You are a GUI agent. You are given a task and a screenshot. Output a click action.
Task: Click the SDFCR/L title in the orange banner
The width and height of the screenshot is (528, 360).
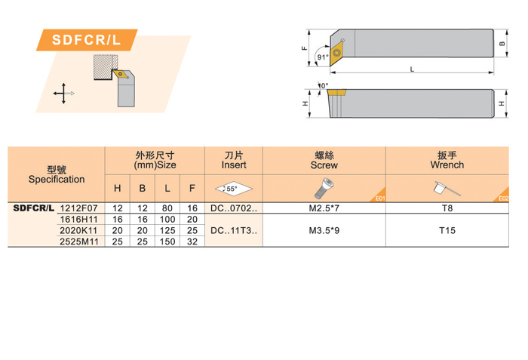[x=86, y=40]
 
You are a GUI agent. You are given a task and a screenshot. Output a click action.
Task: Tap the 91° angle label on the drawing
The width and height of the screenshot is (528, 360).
[x=323, y=57]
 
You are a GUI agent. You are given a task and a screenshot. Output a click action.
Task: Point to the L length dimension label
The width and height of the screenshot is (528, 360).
[x=412, y=69]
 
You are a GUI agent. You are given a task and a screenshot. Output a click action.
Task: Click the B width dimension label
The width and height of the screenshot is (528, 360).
[x=502, y=44]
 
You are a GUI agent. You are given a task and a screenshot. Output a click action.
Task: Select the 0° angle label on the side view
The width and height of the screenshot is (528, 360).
[x=324, y=85]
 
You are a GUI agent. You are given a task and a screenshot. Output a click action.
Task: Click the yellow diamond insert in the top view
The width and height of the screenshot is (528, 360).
[x=336, y=52]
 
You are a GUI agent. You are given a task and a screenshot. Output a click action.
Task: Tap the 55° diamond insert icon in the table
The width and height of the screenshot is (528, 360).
[x=233, y=189]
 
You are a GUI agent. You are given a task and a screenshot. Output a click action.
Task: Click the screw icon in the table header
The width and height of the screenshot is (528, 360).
[x=324, y=189]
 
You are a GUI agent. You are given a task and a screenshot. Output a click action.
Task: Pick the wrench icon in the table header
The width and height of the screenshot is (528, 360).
[x=447, y=189]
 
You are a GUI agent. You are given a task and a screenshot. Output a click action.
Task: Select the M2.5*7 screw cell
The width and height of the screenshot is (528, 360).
[x=324, y=208]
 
